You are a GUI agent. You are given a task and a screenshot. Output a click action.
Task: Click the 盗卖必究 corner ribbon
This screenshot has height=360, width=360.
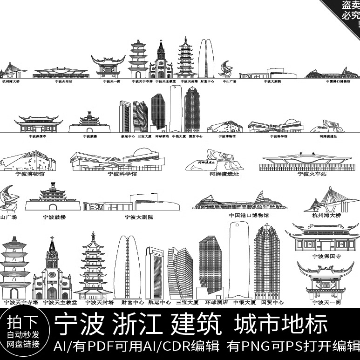pos(347,9)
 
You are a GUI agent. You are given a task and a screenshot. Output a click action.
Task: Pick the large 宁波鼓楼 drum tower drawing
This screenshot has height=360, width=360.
pos(54,198)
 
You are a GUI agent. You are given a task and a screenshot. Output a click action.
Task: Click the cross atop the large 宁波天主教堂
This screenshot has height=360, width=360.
pos(52,239)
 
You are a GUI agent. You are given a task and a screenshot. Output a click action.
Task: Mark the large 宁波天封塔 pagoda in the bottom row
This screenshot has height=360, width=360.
pos(93,265)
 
